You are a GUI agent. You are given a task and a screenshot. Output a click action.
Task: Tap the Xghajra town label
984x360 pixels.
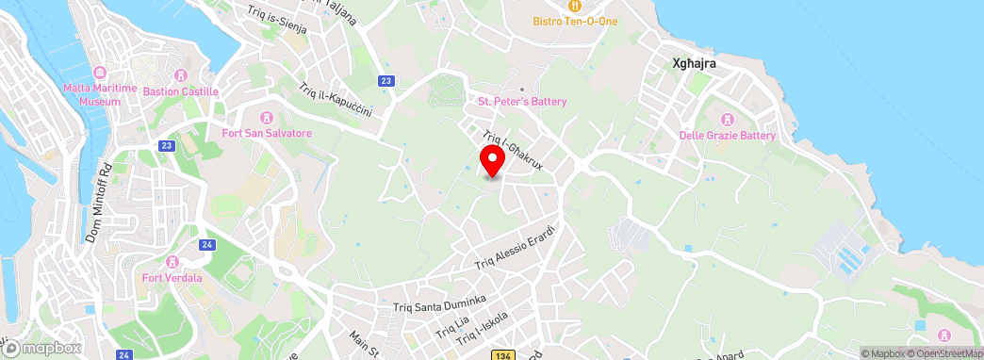coord(695,64)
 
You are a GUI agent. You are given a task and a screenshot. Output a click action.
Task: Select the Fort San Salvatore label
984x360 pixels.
coord(267,133)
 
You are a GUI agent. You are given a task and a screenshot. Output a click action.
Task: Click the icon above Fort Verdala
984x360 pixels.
coord(172,261)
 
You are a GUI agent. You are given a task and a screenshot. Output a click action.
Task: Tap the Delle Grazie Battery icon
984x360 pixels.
coord(727,120)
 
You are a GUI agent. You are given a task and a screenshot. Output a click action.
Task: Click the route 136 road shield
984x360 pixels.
coord(502,353)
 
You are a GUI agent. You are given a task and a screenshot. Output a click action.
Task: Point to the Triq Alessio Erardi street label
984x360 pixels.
coord(518,248)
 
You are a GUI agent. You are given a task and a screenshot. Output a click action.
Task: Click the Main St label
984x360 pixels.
coord(363,344)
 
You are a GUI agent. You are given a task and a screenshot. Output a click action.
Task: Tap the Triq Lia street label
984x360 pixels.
coord(452,326)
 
